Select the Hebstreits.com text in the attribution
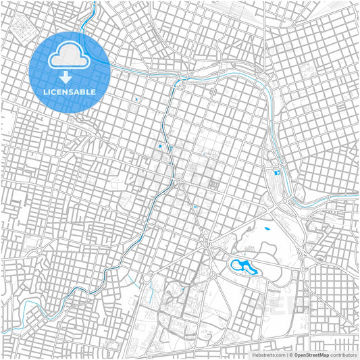point(268,354)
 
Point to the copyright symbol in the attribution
point(291,354)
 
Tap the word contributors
point(343,354)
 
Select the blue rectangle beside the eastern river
point(276,174)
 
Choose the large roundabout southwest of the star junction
point(145,278)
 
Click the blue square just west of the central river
point(160,146)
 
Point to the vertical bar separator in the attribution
point(287,354)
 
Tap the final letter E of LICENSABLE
point(93,91)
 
